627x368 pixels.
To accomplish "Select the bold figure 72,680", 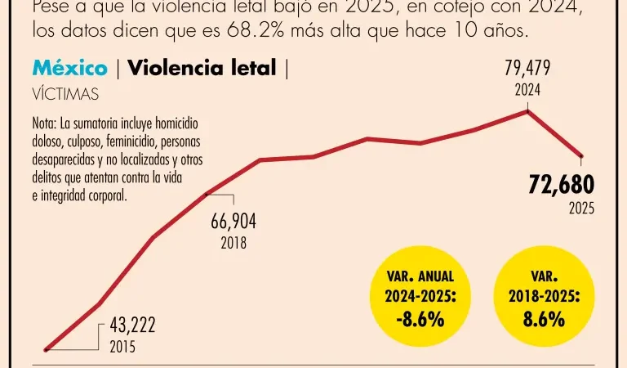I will coord(561,185).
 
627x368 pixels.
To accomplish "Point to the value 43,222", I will coord(132,326).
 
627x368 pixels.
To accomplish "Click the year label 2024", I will coord(527,91).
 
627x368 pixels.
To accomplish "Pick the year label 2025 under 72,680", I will coord(581,209).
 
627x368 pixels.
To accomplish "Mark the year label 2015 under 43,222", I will coord(122,346).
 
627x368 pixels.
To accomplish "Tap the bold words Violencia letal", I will coord(202,69).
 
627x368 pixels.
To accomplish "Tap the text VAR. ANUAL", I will coord(420,277).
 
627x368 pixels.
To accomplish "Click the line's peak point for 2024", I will coord(529,110).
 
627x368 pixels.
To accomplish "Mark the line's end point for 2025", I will coord(581,155).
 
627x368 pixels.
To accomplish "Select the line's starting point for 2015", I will coord(47,349).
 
